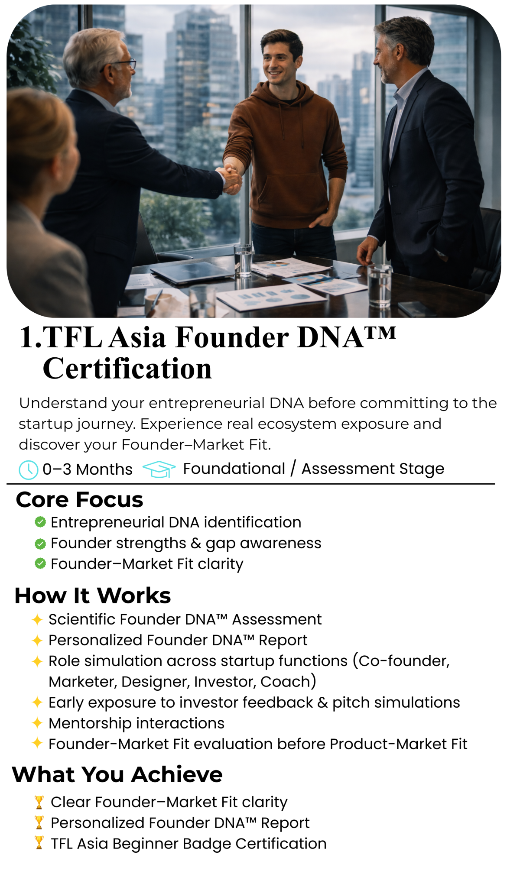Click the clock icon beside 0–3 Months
pyautogui.click(x=28, y=470)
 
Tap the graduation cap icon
pyautogui.click(x=159, y=469)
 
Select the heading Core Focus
pyautogui.click(x=79, y=499)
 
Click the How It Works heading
pyautogui.click(x=93, y=596)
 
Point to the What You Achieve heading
pyautogui.click(x=117, y=774)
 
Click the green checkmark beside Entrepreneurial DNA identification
pyautogui.click(x=40, y=522)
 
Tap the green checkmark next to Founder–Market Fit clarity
pyautogui.click(x=40, y=563)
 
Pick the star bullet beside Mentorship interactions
pyautogui.click(x=37, y=722)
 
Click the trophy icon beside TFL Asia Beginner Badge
pyautogui.click(x=39, y=843)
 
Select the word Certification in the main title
pyautogui.click(x=127, y=369)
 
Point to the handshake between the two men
pyautogui.click(x=231, y=175)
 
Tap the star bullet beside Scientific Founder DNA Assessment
pyautogui.click(x=37, y=619)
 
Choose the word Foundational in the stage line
pyautogui.click(x=234, y=469)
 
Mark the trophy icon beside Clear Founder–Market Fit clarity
pyautogui.click(x=39, y=802)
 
